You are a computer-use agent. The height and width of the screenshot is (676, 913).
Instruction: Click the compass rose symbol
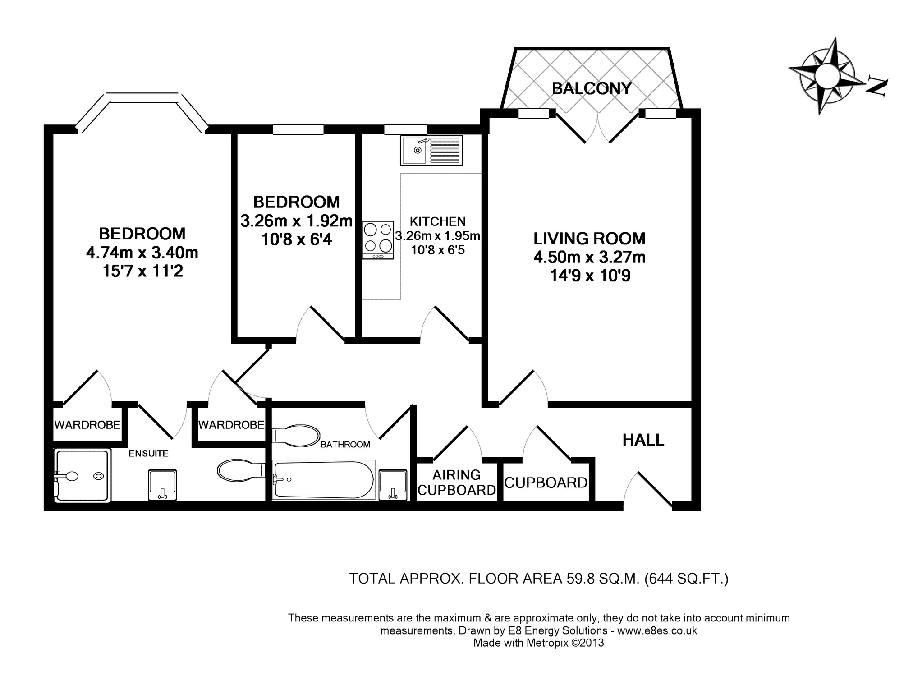tap(821, 76)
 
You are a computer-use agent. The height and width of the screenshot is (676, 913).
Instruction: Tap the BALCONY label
tap(592, 88)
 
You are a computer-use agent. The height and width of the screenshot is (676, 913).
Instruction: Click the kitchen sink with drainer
tap(431, 150)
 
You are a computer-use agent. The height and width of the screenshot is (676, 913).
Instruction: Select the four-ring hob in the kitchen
tap(378, 240)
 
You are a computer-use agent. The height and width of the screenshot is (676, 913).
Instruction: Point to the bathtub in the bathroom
tap(323, 479)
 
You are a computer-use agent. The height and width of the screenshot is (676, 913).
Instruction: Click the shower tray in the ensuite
tap(82, 475)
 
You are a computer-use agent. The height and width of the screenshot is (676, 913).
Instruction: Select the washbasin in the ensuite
tap(163, 485)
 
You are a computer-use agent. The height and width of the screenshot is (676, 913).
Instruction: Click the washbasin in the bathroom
tap(393, 485)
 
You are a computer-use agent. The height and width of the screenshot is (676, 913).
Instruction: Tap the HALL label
tap(643, 440)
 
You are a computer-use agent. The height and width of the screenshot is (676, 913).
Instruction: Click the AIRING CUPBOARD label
tap(457, 483)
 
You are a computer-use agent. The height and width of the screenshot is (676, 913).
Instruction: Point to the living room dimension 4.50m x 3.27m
tap(590, 257)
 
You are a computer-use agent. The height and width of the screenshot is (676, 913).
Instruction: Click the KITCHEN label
tap(438, 221)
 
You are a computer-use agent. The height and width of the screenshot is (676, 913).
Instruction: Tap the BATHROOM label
tap(345, 445)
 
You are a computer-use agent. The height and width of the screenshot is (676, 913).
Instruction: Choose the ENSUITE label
tap(148, 454)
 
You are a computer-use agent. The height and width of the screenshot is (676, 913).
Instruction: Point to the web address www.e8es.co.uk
tap(657, 630)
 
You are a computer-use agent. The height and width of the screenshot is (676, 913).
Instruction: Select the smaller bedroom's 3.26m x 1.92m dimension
tap(296, 221)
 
